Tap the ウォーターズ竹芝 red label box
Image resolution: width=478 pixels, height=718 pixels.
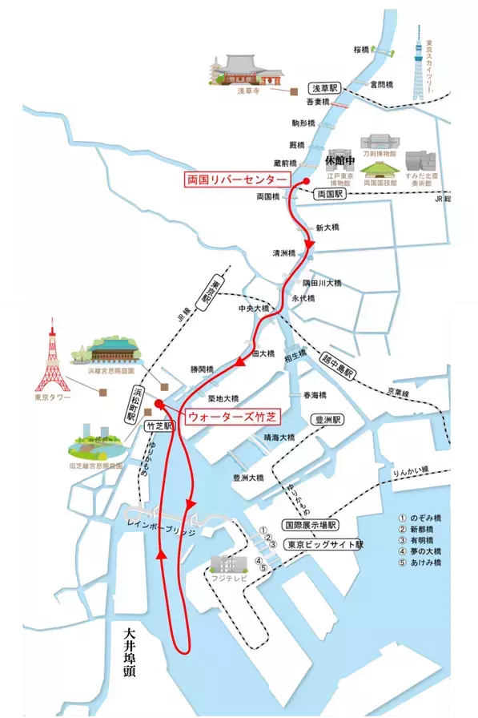coord(231,417)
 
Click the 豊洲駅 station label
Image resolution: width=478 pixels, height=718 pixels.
coord(327,419)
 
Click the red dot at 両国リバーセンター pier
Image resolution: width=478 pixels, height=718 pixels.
coord(306,182)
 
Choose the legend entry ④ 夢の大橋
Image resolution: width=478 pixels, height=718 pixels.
coord(420,552)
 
